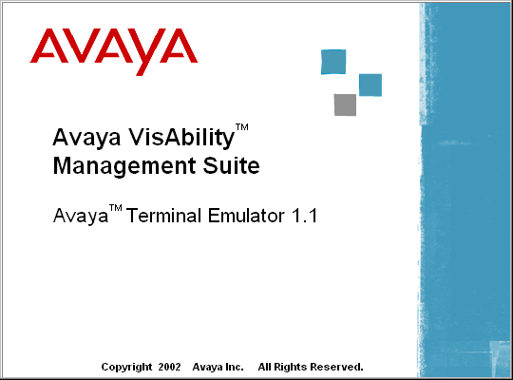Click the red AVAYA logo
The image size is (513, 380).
pos(114,51)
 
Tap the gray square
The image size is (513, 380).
pos(345,104)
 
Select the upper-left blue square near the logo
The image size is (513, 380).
pos(333,62)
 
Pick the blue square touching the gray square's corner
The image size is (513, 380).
pos(370,85)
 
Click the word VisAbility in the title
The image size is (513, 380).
pos(180,139)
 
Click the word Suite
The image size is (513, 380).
pos(231,165)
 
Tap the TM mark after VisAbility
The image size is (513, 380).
pos(242,127)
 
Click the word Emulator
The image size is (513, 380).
pos(246,216)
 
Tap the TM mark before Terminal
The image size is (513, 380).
pos(116,208)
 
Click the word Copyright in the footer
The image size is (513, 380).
pos(126,368)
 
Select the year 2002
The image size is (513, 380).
pos(169,367)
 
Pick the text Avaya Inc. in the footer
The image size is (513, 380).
pos(218,367)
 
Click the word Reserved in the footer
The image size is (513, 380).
pos(336,367)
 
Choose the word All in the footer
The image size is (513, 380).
pos(264,367)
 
